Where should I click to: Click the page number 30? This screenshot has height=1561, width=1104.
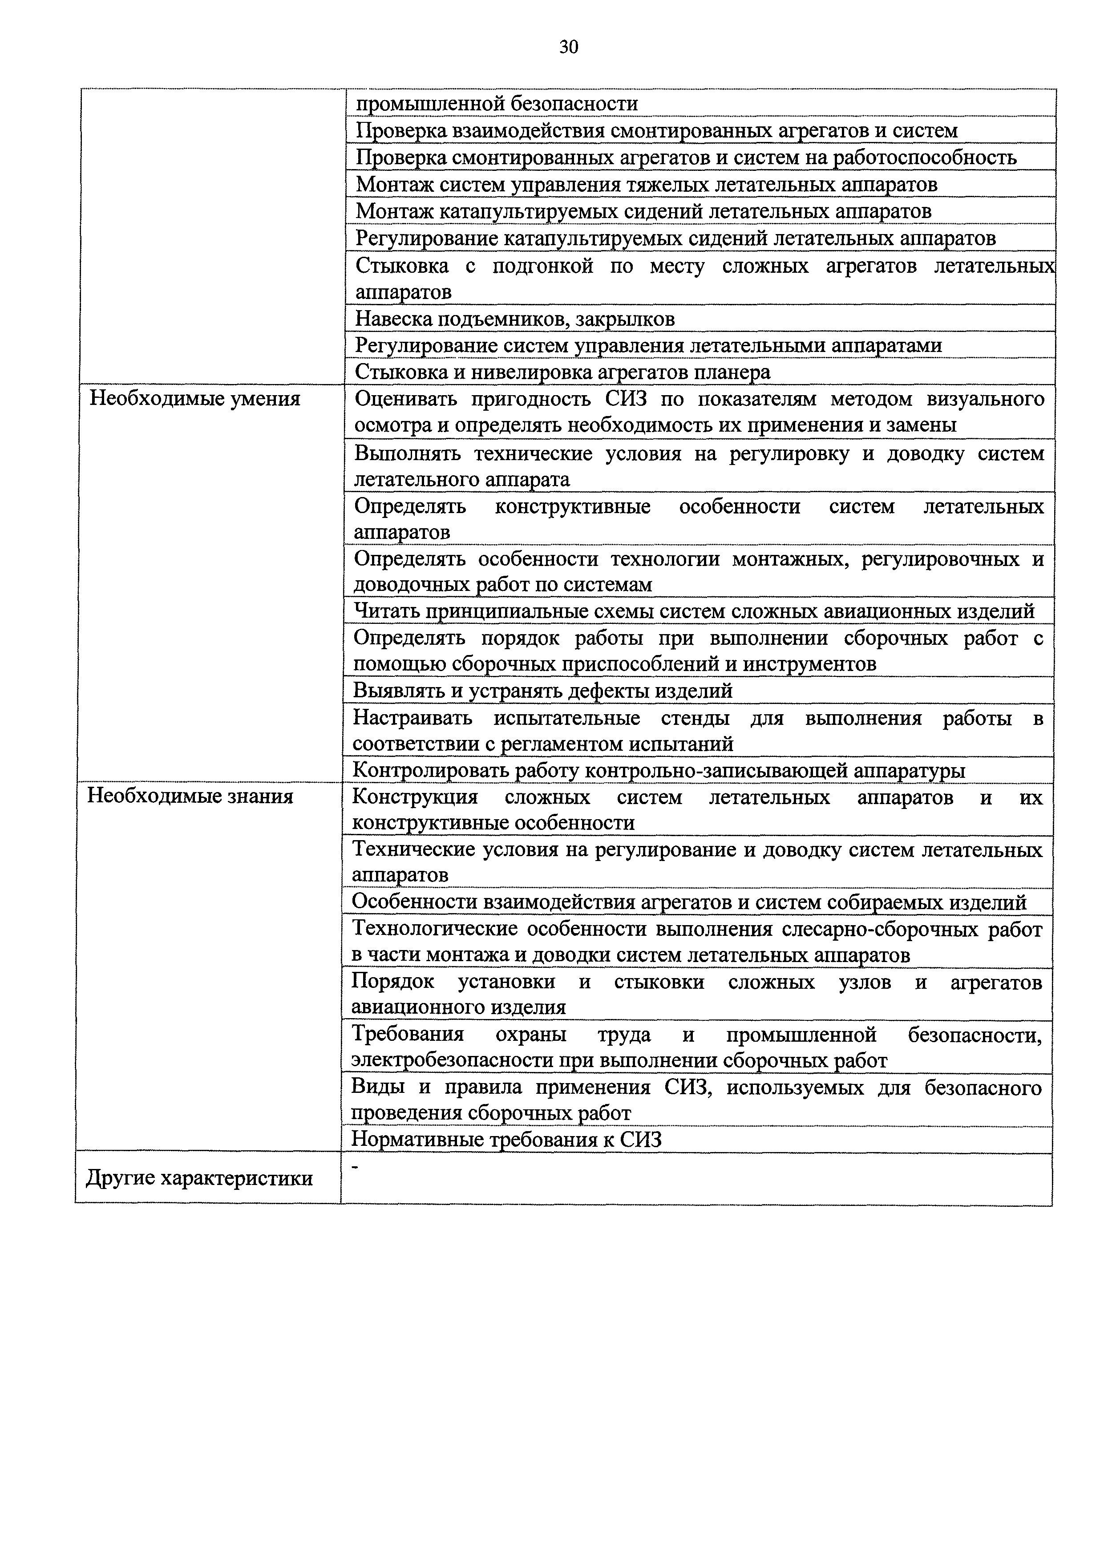click(x=568, y=47)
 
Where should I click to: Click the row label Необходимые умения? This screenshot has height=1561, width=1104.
click(x=195, y=398)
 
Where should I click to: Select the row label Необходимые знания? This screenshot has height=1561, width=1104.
click(x=190, y=796)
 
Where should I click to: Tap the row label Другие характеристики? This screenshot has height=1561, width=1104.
click(x=199, y=1177)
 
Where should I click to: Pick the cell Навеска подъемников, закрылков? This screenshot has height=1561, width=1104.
click(x=514, y=319)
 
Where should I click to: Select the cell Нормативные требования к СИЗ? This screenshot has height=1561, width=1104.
click(x=506, y=1140)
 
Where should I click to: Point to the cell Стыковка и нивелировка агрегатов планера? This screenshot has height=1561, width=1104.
click(x=563, y=372)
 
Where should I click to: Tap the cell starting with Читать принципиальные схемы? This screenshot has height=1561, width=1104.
click(x=693, y=611)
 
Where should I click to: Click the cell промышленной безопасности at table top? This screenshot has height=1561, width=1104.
click(x=496, y=104)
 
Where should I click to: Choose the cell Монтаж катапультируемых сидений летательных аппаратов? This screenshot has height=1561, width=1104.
click(x=643, y=211)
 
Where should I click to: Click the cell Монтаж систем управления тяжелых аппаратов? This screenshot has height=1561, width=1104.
click(x=646, y=184)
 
